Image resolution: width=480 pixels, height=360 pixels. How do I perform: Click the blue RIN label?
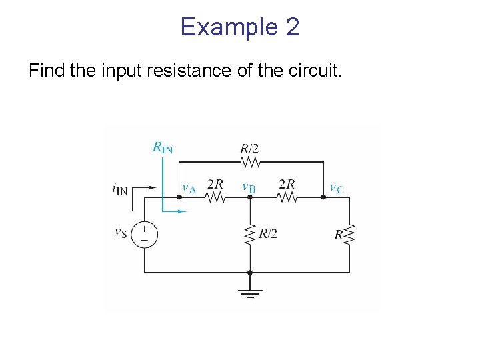click(162, 147)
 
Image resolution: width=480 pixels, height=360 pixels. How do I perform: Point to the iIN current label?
click(120, 189)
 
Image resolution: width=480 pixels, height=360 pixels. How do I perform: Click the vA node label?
click(189, 187)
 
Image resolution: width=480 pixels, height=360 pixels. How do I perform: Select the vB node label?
click(249, 187)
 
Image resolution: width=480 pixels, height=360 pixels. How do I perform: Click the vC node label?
click(337, 187)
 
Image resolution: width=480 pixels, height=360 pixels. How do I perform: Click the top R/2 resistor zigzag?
click(250, 162)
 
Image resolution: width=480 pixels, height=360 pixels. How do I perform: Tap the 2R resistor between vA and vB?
click(215, 197)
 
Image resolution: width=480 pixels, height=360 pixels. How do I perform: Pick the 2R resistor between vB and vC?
click(287, 197)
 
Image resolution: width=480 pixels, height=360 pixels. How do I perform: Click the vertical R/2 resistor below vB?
click(250, 234)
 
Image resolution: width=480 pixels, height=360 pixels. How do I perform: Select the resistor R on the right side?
click(349, 234)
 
